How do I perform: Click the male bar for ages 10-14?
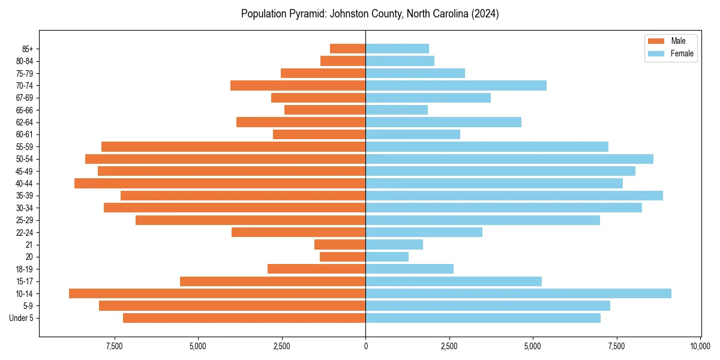pyautogui.click(x=217, y=293)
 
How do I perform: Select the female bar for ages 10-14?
pyautogui.click(x=518, y=293)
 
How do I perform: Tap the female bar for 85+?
pyautogui.click(x=397, y=49)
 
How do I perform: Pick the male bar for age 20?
pyautogui.click(x=343, y=257)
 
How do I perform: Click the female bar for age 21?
pyautogui.click(x=394, y=244)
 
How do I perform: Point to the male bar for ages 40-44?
pyautogui.click(x=220, y=183)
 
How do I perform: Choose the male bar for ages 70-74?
pyautogui.click(x=298, y=85)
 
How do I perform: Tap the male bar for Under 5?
pyautogui.click(x=244, y=318)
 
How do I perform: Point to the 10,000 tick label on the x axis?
pyautogui.click(x=700, y=346)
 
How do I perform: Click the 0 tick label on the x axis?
pyautogui.click(x=365, y=346)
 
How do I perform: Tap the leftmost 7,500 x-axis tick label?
pyautogui.click(x=114, y=346)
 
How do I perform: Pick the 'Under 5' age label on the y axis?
pyautogui.click(x=22, y=318)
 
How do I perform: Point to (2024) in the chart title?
pyautogui.click(x=485, y=14)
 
